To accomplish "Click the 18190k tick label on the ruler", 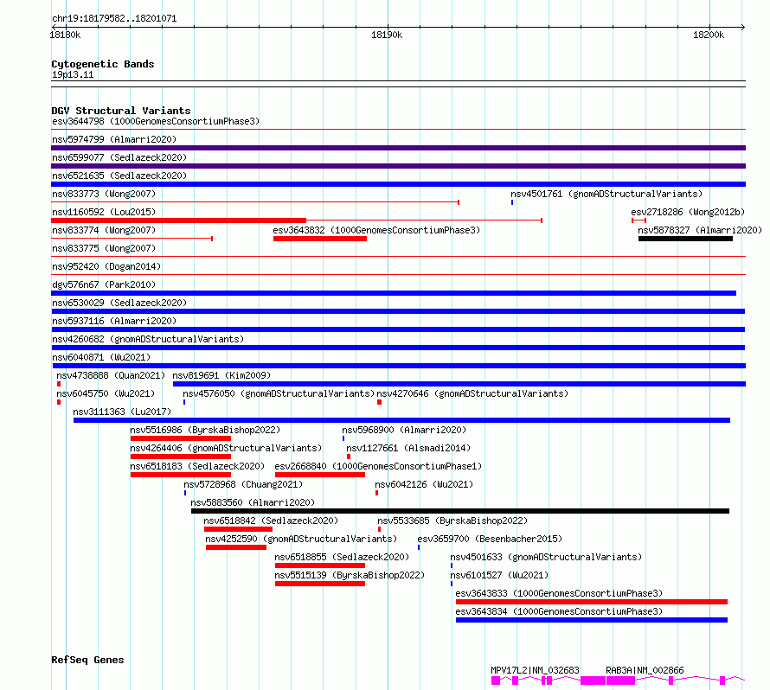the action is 387,35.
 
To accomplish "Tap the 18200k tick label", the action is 708,35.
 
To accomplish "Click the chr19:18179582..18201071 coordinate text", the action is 114,19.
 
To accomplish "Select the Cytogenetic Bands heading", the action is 103,64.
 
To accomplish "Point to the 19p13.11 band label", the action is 73,74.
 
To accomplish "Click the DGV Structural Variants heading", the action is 121,111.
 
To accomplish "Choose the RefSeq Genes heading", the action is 87,660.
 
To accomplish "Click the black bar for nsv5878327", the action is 685,239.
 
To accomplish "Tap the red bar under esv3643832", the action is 320,239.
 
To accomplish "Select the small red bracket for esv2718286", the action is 638,220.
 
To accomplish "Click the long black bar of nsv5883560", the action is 460,511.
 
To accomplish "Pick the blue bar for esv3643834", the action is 591,620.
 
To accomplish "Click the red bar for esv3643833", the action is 591,602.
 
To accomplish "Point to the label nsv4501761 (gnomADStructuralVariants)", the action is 606,195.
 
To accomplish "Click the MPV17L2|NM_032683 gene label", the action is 535,670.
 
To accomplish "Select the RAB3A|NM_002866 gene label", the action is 645,670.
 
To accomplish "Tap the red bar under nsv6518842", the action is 238,529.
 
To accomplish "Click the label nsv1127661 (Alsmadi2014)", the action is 408,449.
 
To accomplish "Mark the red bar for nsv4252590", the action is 236,547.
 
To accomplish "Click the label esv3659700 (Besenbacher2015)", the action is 490,540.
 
